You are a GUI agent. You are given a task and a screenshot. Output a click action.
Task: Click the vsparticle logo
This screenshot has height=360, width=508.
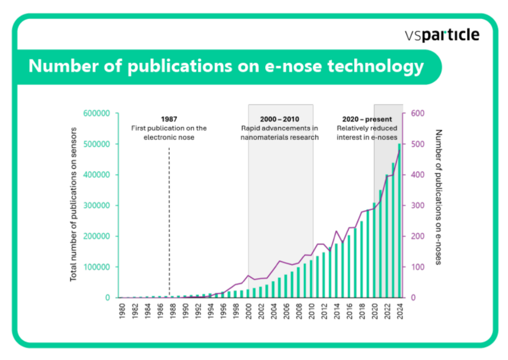[x=442, y=35]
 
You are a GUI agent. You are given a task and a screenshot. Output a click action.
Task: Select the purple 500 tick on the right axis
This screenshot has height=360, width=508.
[x=417, y=144]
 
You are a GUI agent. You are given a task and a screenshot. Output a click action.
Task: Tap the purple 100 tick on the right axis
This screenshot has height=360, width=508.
[x=417, y=267]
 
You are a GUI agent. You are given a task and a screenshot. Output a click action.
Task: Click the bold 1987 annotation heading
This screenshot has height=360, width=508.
[x=169, y=119]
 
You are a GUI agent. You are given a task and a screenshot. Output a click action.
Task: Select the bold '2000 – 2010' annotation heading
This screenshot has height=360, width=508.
[x=279, y=119]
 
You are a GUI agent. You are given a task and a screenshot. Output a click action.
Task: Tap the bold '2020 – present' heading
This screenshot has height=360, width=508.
[x=367, y=119]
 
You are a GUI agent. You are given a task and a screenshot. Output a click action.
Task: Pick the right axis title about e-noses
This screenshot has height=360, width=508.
[x=439, y=197]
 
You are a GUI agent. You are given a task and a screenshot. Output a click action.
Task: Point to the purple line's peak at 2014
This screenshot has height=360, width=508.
[x=336, y=231]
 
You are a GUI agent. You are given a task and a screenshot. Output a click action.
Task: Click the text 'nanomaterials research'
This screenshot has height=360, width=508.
[x=279, y=137]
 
